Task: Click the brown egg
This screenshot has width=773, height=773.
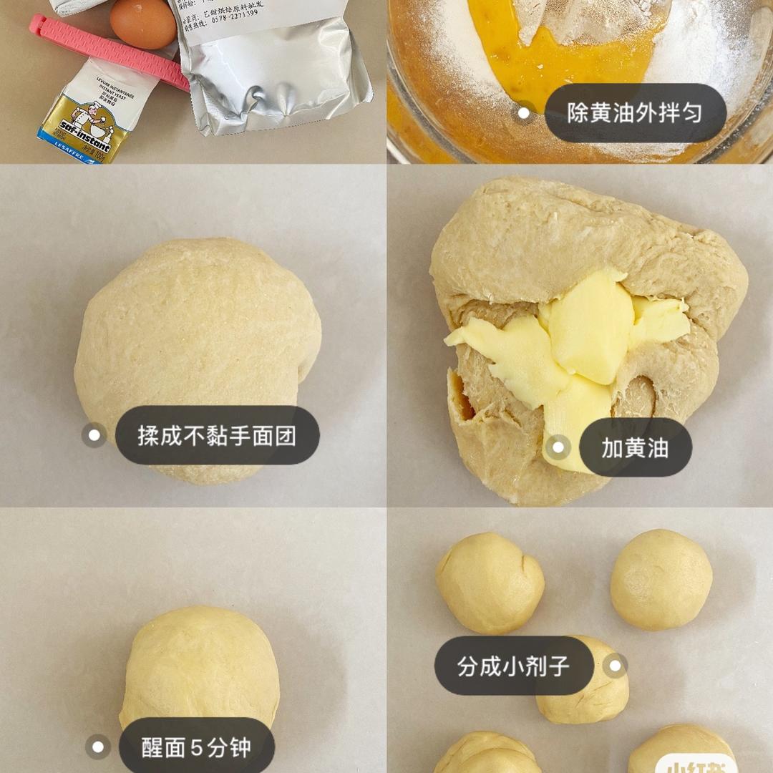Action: click(x=142, y=23)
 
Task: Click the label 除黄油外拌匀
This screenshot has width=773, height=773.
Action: click(x=635, y=113)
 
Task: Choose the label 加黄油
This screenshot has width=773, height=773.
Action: click(x=635, y=448)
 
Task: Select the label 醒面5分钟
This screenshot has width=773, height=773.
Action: click(x=196, y=747)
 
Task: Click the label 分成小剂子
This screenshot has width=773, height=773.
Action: click(x=513, y=666)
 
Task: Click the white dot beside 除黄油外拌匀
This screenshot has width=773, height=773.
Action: click(x=524, y=112)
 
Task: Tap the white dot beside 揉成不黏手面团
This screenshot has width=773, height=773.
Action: click(x=94, y=434)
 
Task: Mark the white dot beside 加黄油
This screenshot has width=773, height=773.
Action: click(x=557, y=448)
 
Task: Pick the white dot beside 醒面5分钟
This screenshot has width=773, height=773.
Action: click(x=97, y=747)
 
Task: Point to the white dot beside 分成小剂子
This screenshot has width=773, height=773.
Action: click(x=614, y=666)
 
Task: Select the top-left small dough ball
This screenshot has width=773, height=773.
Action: click(x=490, y=582)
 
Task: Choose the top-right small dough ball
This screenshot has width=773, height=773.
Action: click(x=661, y=579)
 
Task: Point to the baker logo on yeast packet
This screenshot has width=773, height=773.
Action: click(x=89, y=115)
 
